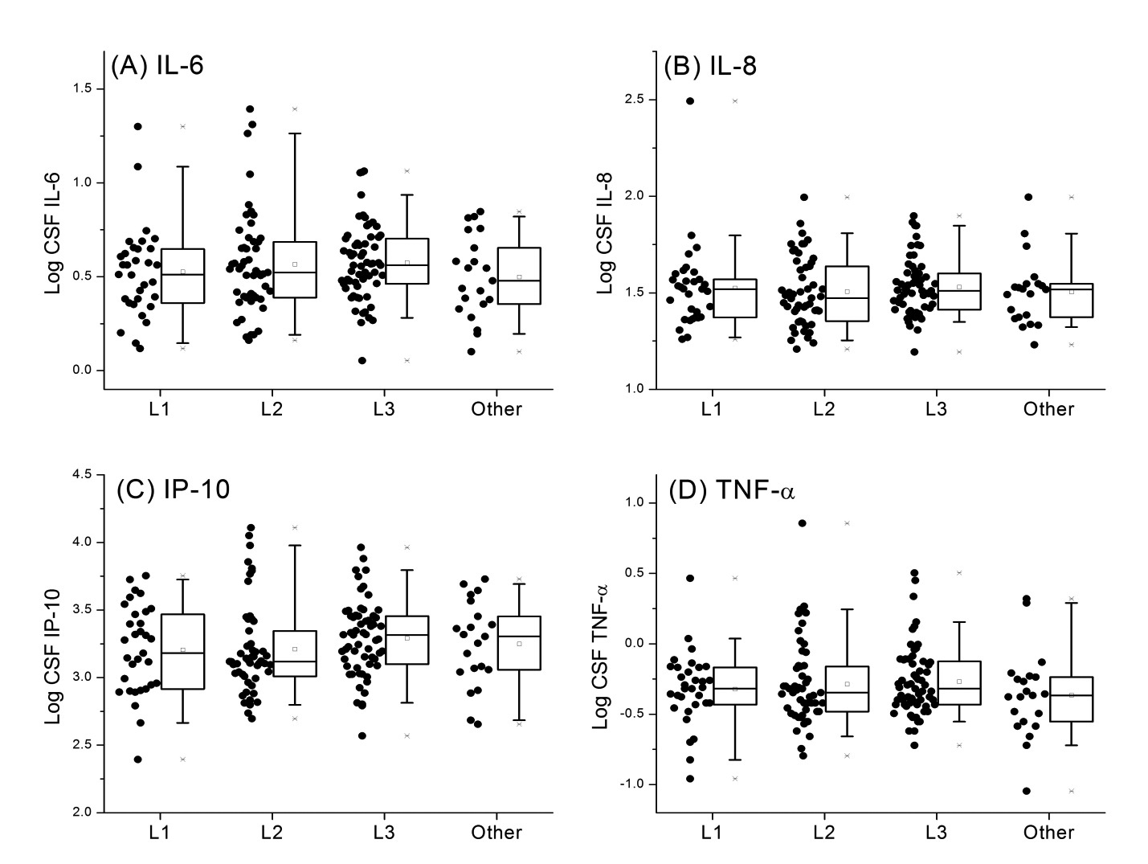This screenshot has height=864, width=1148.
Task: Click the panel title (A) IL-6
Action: [157, 66]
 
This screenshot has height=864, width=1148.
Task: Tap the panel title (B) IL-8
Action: [709, 66]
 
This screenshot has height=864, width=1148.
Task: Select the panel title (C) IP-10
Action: [173, 489]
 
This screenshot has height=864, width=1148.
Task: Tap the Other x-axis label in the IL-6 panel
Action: [496, 409]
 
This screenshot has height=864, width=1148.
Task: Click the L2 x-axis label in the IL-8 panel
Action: [823, 409]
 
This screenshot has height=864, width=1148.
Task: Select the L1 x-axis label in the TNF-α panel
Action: [711, 833]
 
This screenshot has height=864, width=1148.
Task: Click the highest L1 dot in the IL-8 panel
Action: [689, 101]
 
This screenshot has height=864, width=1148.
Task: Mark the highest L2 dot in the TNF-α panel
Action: [802, 523]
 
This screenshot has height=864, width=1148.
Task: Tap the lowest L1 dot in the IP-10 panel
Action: [137, 760]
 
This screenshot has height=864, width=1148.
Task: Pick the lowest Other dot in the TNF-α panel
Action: [1026, 791]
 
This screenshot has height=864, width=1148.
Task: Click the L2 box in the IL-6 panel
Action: [295, 269]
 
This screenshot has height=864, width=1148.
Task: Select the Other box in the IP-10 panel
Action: [519, 642]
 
